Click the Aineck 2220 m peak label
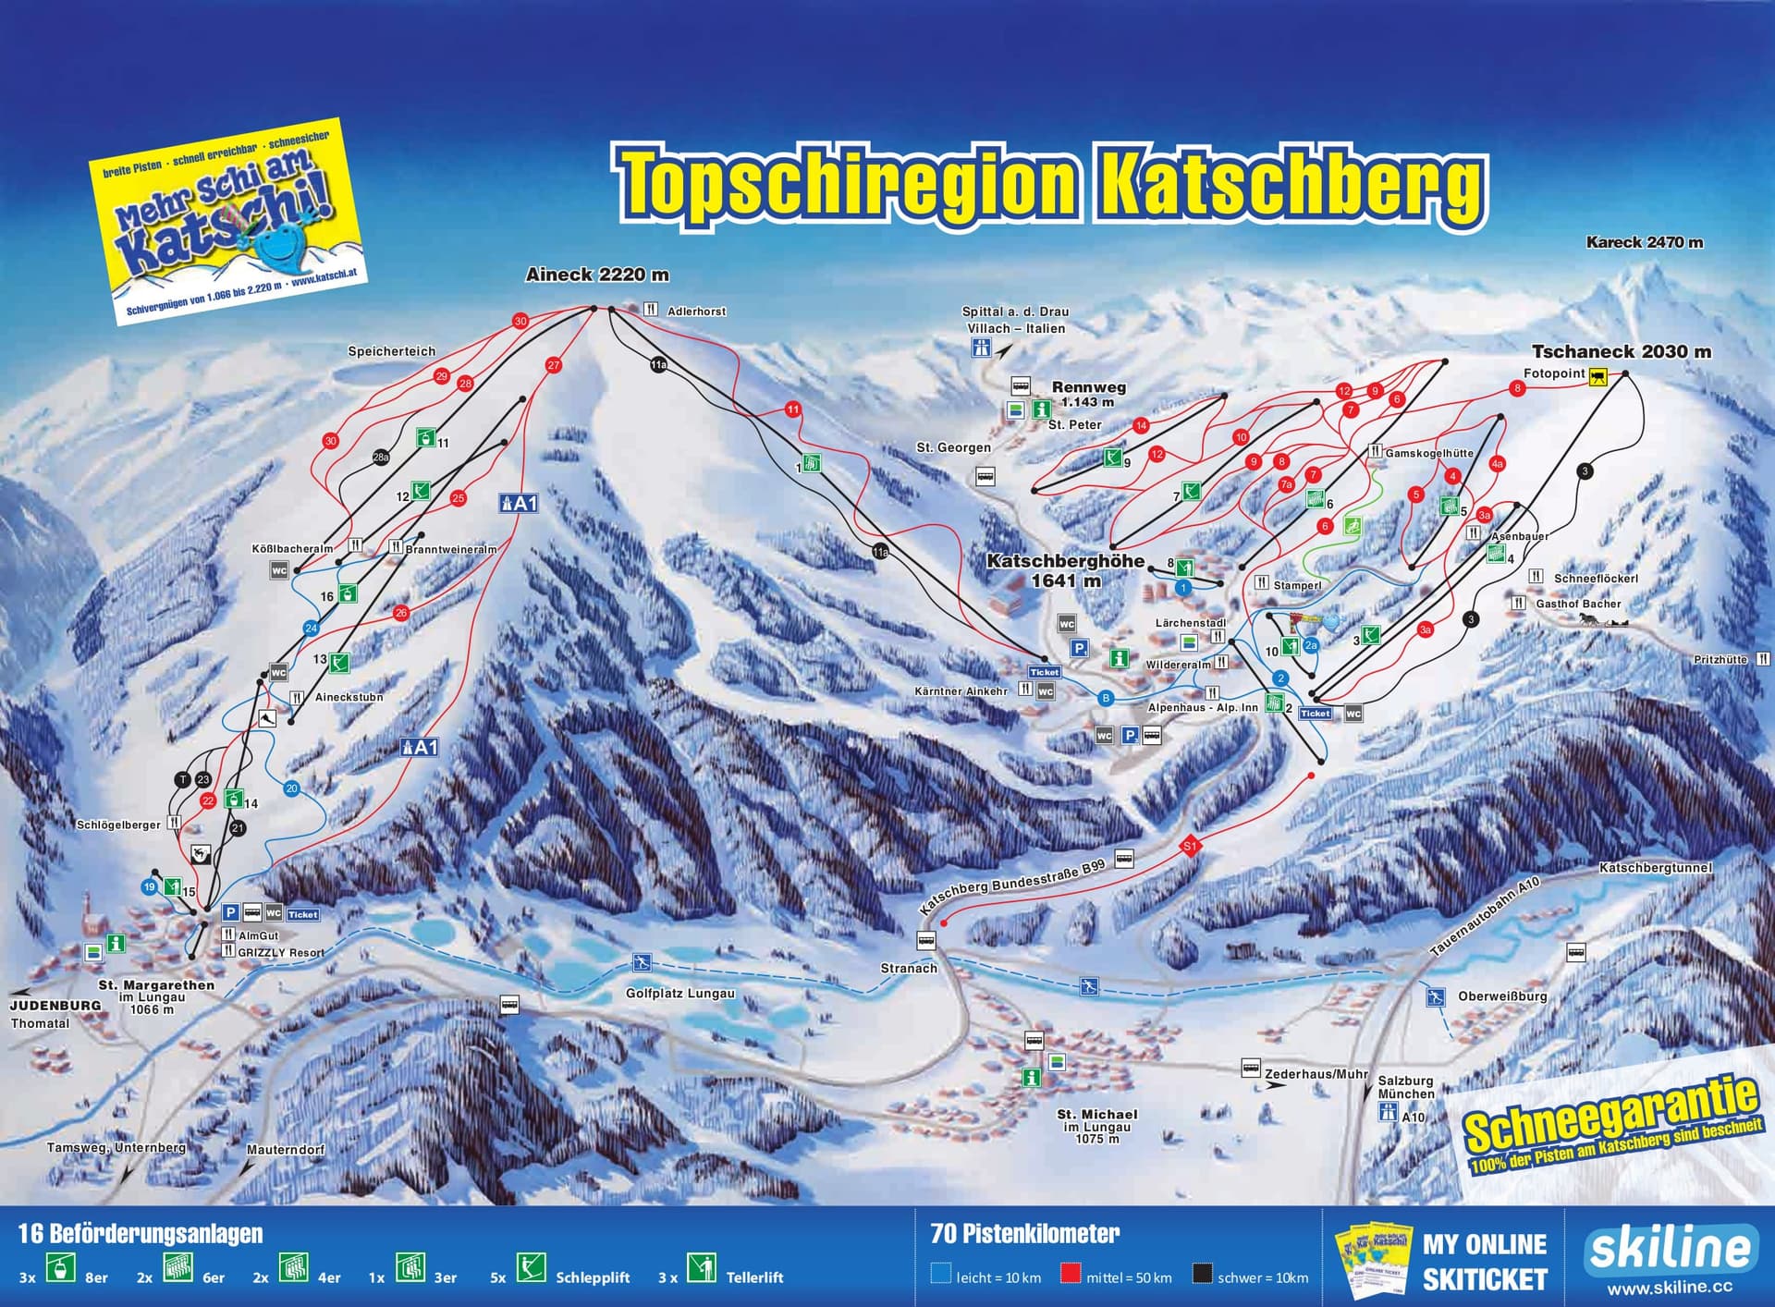pyautogui.click(x=596, y=275)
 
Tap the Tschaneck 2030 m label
pyautogui.click(x=1621, y=351)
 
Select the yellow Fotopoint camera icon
pyautogui.click(x=1597, y=376)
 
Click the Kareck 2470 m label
pyautogui.click(x=1644, y=242)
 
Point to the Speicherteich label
pyautogui.click(x=391, y=351)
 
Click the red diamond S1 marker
pyautogui.click(x=1190, y=846)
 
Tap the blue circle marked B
pyautogui.click(x=1105, y=699)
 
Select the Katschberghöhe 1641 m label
pyautogui.click(x=1065, y=570)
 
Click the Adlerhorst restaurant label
pyautogui.click(x=696, y=311)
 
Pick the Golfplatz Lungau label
pyautogui.click(x=679, y=994)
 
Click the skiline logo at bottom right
pyautogui.click(x=1671, y=1249)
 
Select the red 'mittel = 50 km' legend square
pyautogui.click(x=1071, y=1275)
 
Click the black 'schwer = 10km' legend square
pyautogui.click(x=1202, y=1275)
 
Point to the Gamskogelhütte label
pyautogui.click(x=1428, y=453)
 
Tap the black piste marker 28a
pyautogui.click(x=381, y=457)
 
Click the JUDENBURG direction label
pyautogui.click(x=55, y=1005)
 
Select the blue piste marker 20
pyautogui.click(x=292, y=788)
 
